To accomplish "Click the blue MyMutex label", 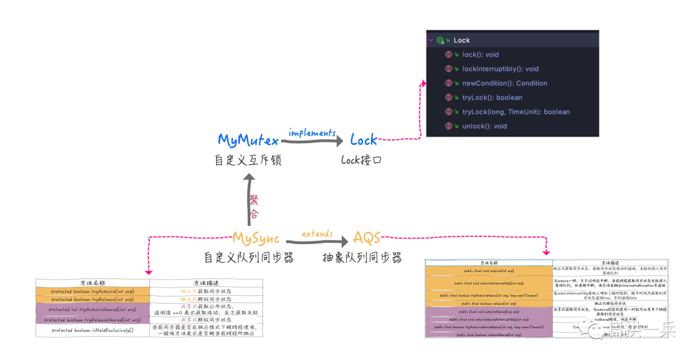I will pyautogui.click(x=248, y=140).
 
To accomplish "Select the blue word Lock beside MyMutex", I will pyautogui.click(x=363, y=140).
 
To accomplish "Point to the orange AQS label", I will pyautogui.click(x=366, y=238).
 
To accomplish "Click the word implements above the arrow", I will pyautogui.click(x=311, y=132).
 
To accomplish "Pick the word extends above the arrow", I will pyautogui.click(x=317, y=233).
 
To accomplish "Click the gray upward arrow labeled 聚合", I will pyautogui.click(x=249, y=201).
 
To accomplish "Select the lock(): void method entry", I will pyautogui.click(x=480, y=54).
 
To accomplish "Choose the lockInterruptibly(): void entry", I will pyautogui.click(x=500, y=69).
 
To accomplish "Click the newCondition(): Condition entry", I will pyautogui.click(x=504, y=83).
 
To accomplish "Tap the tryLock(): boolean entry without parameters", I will pyautogui.click(x=492, y=98).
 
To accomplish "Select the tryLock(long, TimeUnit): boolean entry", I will pyautogui.click(x=515, y=112).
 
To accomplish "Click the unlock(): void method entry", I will pyautogui.click(x=484, y=126).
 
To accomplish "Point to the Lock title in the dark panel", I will pyautogui.click(x=461, y=40).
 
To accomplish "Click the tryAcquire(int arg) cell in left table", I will pyautogui.click(x=93, y=291).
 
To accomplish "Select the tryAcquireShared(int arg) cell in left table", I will pyautogui.click(x=93, y=309).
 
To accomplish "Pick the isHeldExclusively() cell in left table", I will pyautogui.click(x=93, y=330).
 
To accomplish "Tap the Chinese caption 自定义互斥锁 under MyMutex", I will pyautogui.click(x=248, y=159).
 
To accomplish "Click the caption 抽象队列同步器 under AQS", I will pyautogui.click(x=362, y=258).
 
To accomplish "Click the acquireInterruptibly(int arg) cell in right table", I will pyautogui.click(x=489, y=283).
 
